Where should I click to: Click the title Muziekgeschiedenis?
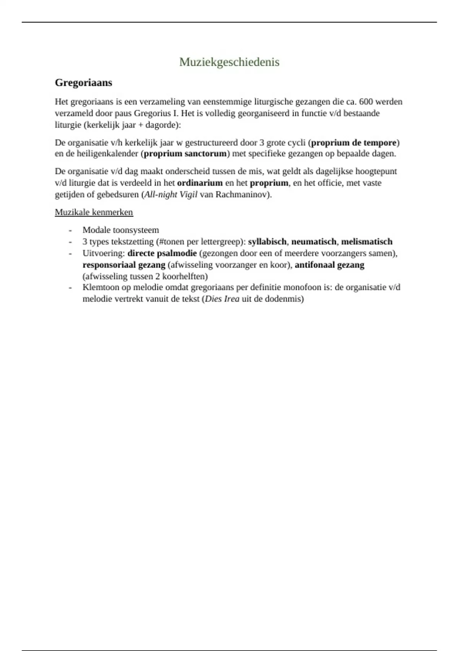coord(229,62)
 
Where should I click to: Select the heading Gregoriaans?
coord(83,82)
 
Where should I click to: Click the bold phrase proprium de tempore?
coord(353,143)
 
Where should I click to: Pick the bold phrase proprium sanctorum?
coord(185,154)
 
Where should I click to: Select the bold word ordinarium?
coord(200,183)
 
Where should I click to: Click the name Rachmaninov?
coord(242,194)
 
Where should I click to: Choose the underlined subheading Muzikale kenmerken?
coord(94,212)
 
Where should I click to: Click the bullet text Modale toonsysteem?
coord(120,230)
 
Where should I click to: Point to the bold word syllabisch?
coord(267,242)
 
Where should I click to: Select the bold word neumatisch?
coord(314,242)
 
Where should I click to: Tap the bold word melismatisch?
coord(366,242)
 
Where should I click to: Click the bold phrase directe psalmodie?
coord(162,253)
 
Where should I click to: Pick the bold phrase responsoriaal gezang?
coord(124,265)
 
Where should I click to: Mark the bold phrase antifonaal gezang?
coord(329,265)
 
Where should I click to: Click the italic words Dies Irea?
coord(222,299)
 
